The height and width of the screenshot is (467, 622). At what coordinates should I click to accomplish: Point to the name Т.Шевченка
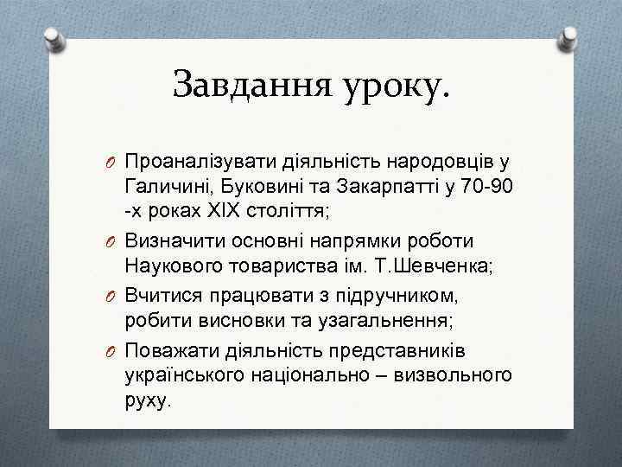click(432, 266)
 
